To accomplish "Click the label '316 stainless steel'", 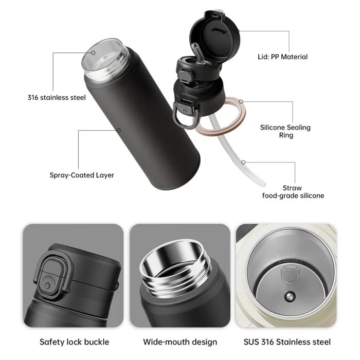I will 57,97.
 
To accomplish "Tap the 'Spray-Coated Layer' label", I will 82,175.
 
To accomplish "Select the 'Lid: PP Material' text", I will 282,57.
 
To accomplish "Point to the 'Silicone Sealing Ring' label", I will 285,131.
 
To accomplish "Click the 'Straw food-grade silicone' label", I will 293,192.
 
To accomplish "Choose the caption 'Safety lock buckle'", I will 74,341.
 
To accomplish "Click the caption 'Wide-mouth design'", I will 180,341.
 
